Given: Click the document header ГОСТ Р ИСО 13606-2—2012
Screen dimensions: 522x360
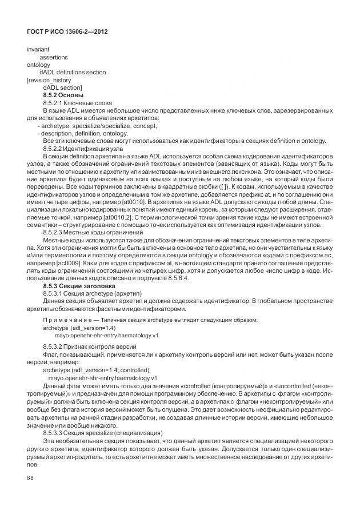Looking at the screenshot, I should pyautogui.click(x=67, y=32).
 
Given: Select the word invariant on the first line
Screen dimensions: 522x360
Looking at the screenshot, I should pyautogui.click(x=38, y=50).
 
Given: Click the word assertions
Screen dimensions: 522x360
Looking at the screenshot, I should pyautogui.click(x=53, y=58).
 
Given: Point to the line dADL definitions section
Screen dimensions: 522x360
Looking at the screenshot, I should pyautogui.click(x=72, y=73).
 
